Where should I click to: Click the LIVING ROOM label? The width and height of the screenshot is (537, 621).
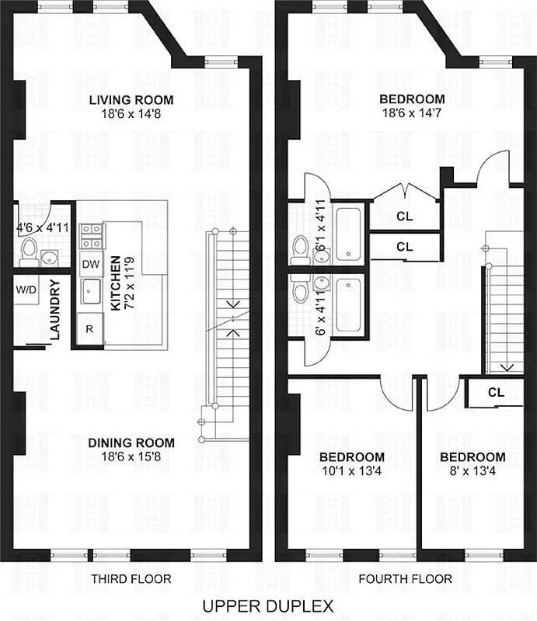tap(131, 100)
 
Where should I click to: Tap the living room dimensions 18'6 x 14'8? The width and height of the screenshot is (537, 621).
tap(131, 113)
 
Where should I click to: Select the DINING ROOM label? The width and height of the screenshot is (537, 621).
tap(131, 442)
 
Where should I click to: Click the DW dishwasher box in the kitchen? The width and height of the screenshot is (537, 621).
tap(90, 264)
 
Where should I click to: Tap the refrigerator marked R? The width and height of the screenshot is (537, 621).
tap(89, 328)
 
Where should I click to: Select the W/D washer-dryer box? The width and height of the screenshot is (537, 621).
tap(25, 289)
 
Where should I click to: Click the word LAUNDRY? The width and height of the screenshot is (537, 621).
tap(55, 310)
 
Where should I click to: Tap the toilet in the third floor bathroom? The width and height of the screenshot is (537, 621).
tap(29, 249)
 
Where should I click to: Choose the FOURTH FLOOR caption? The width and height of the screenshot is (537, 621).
tap(405, 579)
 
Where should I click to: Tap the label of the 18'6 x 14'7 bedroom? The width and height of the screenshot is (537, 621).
tap(412, 99)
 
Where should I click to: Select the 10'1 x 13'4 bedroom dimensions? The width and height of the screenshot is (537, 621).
tap(352, 470)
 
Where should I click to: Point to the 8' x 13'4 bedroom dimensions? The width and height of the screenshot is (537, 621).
tap(471, 470)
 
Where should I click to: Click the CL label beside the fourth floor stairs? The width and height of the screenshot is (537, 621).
tap(496, 392)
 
